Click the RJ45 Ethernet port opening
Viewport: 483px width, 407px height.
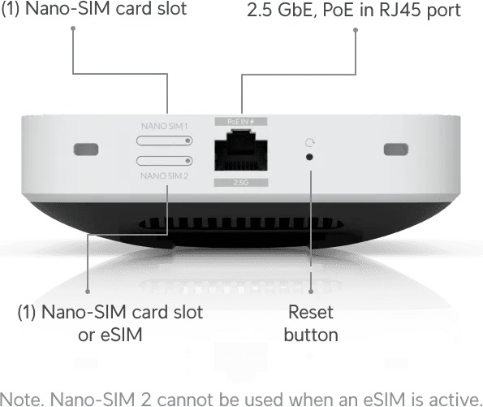coord(241,150)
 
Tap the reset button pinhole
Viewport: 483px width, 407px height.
coord(309,158)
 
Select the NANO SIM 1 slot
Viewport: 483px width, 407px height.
coord(165,141)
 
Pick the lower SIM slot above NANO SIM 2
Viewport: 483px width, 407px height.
coord(165,161)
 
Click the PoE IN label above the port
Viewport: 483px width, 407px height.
coord(241,122)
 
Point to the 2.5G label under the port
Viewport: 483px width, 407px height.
coord(241,183)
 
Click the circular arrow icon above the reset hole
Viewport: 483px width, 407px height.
coord(310,143)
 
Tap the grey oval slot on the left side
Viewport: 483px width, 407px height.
coord(86,149)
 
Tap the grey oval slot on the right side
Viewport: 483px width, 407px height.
coord(396,149)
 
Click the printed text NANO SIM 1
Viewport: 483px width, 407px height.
coord(165,126)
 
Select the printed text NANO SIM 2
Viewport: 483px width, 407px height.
coord(165,175)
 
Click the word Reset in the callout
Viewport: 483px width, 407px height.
coord(311,312)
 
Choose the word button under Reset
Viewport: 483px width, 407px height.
coord(311,335)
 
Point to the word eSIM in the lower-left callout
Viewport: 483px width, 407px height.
coord(122,335)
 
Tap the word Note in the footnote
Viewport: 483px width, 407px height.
coord(19,400)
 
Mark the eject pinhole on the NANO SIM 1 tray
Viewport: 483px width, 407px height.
coord(188,141)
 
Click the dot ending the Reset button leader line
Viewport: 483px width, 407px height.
coord(311,292)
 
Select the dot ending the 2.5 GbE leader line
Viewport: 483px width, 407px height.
coord(356,30)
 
